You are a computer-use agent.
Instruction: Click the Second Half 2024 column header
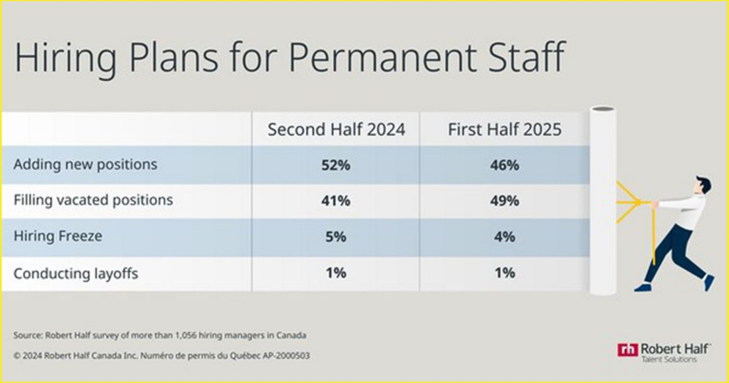(x=336, y=130)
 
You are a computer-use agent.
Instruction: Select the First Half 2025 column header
(x=505, y=130)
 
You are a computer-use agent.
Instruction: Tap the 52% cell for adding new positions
(x=336, y=165)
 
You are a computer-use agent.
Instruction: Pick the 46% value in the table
(x=505, y=165)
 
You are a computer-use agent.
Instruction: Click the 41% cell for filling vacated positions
(x=336, y=201)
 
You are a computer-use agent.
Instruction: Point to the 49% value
(x=505, y=201)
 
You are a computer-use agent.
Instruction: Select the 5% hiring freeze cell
(x=336, y=237)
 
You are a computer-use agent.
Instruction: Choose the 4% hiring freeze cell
(x=505, y=237)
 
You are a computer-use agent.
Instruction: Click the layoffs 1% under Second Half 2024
(x=336, y=273)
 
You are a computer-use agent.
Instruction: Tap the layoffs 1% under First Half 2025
(x=505, y=273)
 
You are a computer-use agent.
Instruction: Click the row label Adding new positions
(x=85, y=165)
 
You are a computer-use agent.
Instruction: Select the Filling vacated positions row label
(x=93, y=201)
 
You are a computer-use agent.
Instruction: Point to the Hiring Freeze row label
(x=58, y=236)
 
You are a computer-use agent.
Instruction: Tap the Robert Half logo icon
(x=627, y=349)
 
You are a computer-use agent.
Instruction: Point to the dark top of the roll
(x=603, y=110)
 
